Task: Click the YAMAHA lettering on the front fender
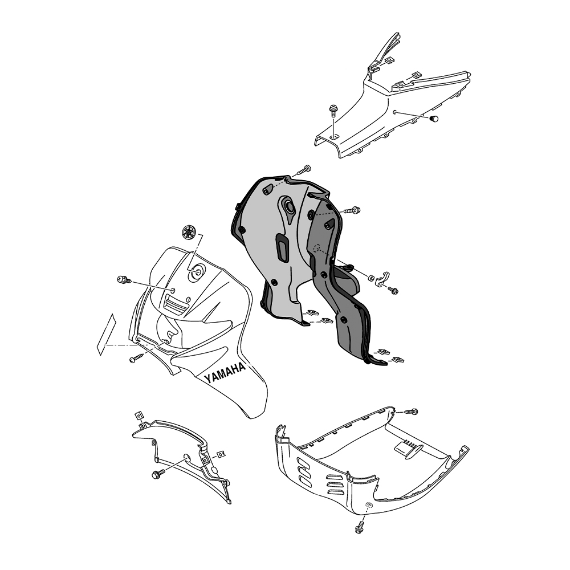pos(225,373)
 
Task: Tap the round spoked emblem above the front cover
pos(189,232)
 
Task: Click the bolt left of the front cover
pos(122,280)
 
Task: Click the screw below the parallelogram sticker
pos(134,359)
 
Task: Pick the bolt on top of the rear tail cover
pos(332,111)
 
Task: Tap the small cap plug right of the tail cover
pos(434,119)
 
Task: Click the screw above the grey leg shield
pos(306,169)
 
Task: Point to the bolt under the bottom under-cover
pos(360,527)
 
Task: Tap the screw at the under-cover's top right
pos(411,412)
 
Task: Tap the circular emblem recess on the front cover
pos(197,272)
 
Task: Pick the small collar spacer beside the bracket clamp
pos(371,278)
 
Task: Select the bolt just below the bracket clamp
pos(393,290)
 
